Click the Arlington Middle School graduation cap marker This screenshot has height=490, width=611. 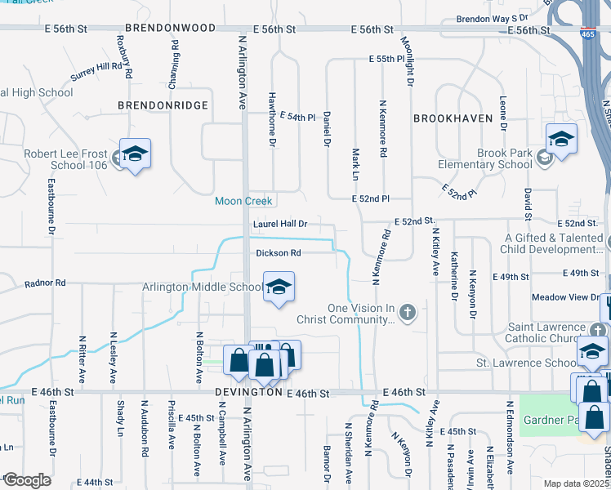[279, 287]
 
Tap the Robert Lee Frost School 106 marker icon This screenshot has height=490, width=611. [135, 154]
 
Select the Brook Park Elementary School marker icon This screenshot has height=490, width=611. [561, 139]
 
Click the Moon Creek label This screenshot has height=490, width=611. [244, 201]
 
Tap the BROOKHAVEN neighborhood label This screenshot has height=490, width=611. [453, 118]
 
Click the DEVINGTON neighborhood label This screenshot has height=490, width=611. [248, 393]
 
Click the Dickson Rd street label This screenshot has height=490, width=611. [279, 253]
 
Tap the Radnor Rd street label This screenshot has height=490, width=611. [45, 283]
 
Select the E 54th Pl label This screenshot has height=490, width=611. [297, 118]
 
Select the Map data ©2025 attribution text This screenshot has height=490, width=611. [576, 483]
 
